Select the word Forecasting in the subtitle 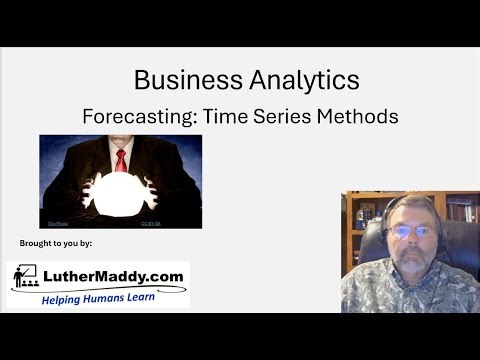135,116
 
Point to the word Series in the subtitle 281,116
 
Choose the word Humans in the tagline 107,298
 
